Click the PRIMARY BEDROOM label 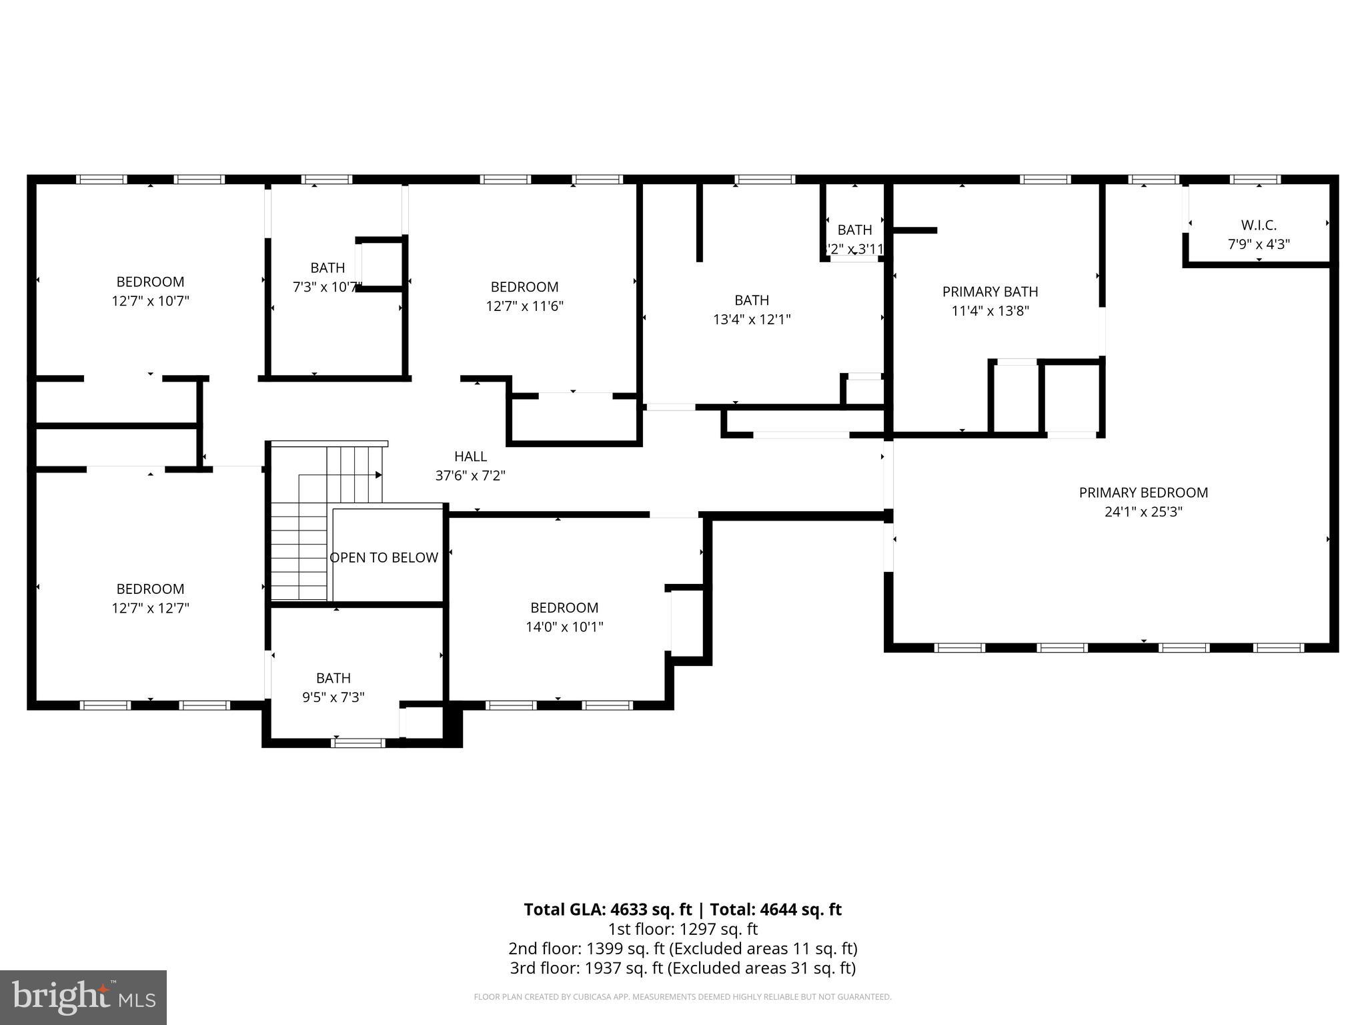(x=1143, y=492)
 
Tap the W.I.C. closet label (x=1259, y=225)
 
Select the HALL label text (x=470, y=456)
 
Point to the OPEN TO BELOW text (x=384, y=557)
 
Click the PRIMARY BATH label (x=990, y=292)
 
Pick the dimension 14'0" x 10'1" (x=564, y=627)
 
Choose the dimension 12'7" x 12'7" (x=150, y=608)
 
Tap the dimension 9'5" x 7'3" (x=333, y=697)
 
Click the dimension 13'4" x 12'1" (x=752, y=319)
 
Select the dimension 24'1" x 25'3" (x=1143, y=512)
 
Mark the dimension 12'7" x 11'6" (x=524, y=306)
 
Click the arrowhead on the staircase (x=378, y=475)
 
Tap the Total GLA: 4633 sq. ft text (x=608, y=910)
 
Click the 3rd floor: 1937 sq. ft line (x=682, y=968)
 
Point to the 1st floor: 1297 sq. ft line (x=682, y=929)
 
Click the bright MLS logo (x=83, y=997)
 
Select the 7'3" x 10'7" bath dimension (x=327, y=287)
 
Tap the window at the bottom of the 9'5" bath (x=358, y=742)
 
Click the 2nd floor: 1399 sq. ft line (x=682, y=948)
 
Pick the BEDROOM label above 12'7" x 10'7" (x=150, y=282)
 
